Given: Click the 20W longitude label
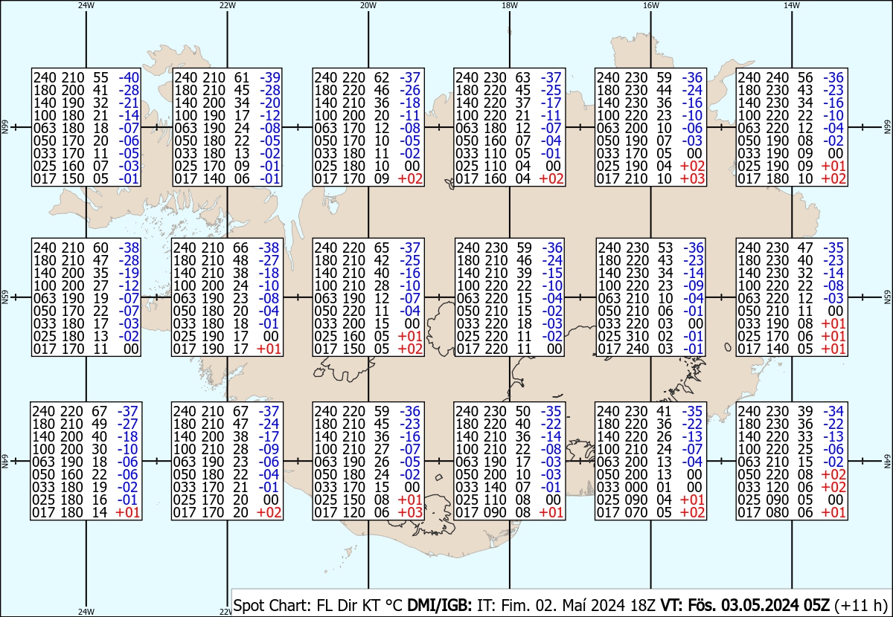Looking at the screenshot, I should click(x=368, y=5).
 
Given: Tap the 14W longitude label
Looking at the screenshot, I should click(x=792, y=5).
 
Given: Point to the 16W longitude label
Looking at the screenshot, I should click(x=650, y=5).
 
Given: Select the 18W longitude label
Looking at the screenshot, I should click(x=510, y=5).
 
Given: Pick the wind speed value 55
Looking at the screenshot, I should click(x=100, y=77).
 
